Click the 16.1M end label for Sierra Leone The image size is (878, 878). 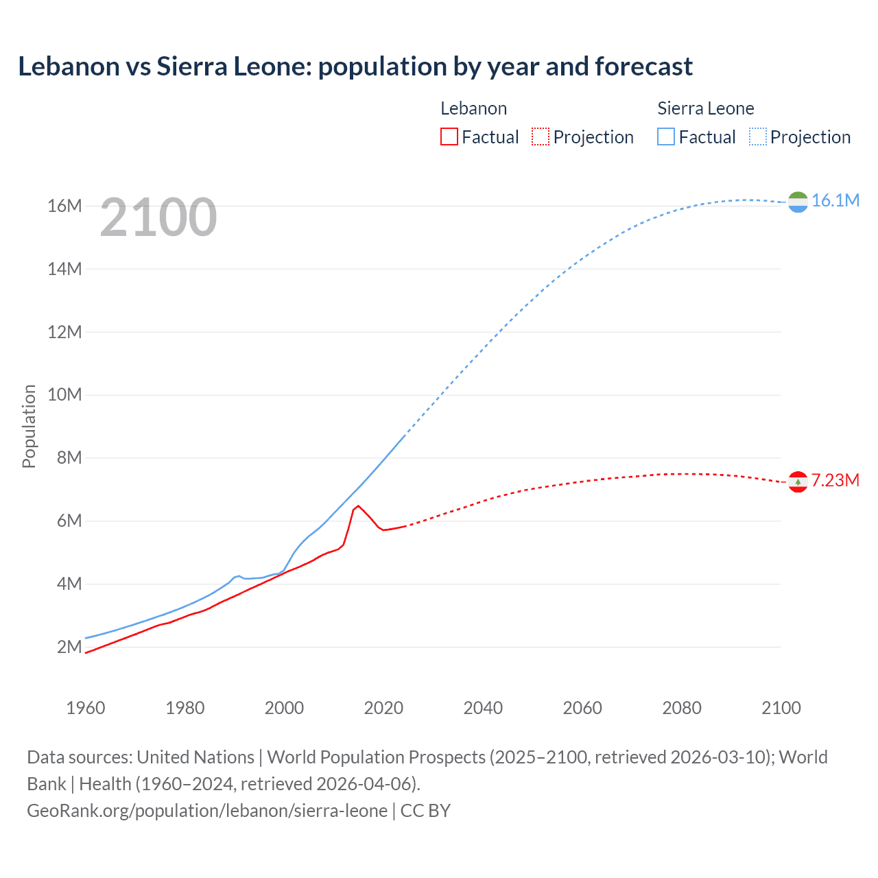coord(835,200)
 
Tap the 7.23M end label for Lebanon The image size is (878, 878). coord(835,480)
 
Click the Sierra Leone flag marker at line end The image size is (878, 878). coord(798,202)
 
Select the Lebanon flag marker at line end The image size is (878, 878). coord(798,482)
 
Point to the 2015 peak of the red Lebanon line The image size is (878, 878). coord(358,506)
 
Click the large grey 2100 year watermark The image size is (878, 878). coord(158,217)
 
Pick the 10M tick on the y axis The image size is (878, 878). coord(64,394)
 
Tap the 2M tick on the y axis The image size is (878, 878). coord(69,647)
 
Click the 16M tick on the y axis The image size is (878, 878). coord(64,206)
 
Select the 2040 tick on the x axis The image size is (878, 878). coord(483,708)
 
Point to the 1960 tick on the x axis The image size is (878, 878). coord(86,708)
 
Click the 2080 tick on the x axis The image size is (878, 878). coord(682,708)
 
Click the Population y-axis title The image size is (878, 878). coord(29,426)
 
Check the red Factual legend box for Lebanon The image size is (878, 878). coord(449,137)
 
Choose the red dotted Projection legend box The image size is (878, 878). coord(541,137)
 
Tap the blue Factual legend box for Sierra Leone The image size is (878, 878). coord(666,137)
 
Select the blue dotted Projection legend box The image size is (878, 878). coord(757,137)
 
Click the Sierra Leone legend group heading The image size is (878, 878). coord(705,108)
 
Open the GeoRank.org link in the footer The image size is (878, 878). coord(207,811)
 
